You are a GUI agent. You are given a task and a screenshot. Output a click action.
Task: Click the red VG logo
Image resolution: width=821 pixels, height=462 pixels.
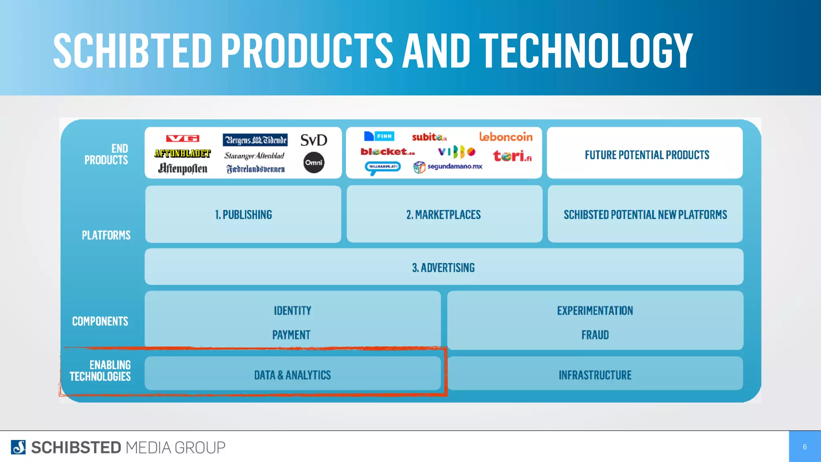[x=182, y=138]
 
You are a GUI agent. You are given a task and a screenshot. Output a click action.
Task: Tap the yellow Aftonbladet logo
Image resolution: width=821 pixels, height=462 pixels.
[x=182, y=153]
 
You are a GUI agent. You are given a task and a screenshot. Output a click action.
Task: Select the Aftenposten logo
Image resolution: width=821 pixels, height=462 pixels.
[x=182, y=168]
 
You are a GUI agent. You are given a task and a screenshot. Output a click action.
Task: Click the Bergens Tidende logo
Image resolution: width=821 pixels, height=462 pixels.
[x=255, y=140]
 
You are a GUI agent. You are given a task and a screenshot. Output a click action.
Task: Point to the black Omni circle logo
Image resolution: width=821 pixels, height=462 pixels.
[x=314, y=162]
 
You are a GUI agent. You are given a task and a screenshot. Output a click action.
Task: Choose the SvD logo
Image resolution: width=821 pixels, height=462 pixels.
[x=314, y=140]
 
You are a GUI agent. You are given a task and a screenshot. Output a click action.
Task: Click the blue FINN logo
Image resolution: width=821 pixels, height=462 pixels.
[x=379, y=136]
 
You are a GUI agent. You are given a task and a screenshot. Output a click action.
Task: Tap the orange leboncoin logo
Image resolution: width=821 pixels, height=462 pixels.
[x=506, y=137]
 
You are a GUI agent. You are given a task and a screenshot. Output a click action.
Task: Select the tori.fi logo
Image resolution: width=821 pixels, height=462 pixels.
[x=512, y=156]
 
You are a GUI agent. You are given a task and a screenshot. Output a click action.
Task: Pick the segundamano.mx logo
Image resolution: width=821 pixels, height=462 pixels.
[x=448, y=167]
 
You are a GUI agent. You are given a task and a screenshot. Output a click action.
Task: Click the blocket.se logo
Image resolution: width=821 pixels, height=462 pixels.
[x=388, y=152]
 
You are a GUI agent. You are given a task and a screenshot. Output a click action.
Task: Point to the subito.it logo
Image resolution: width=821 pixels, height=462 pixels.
[x=429, y=137]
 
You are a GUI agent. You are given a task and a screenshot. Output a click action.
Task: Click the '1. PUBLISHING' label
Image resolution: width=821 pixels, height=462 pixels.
[x=243, y=215]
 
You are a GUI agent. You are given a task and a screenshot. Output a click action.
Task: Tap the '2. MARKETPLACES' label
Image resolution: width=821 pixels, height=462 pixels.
[x=443, y=215]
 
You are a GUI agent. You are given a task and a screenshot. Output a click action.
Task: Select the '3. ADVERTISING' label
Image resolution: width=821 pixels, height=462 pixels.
[x=443, y=268]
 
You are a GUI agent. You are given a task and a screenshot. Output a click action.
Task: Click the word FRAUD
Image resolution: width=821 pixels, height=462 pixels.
[x=595, y=335]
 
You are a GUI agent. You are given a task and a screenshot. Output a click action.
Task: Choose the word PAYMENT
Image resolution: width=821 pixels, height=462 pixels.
[x=291, y=335]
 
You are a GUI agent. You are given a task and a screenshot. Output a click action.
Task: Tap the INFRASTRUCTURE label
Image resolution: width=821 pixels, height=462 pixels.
[x=595, y=375]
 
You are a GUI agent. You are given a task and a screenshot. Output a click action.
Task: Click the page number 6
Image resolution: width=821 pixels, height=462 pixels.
[x=805, y=447]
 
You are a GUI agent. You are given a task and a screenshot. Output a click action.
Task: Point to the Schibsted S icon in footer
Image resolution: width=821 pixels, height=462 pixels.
[x=18, y=447]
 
